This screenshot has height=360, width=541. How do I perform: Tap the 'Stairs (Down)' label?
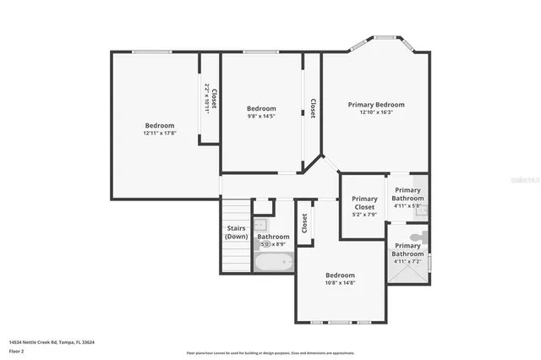[237, 232]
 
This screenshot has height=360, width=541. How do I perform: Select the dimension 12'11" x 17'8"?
[159, 133]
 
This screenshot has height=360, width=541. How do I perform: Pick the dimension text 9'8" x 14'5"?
[261, 117]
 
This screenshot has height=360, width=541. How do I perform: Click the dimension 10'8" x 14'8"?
[341, 283]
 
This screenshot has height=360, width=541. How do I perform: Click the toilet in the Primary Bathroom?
[415, 237]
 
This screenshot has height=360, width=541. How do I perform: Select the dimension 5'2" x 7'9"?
[364, 215]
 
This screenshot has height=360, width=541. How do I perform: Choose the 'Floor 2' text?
[18, 350]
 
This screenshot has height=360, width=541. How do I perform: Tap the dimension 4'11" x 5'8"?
[407, 205]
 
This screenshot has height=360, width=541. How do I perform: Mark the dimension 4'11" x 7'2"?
[407, 261]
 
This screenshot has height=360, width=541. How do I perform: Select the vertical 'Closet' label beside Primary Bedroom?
[313, 107]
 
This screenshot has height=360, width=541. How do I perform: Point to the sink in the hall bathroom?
[260, 225]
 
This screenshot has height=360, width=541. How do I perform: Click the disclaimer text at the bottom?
[270, 352]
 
